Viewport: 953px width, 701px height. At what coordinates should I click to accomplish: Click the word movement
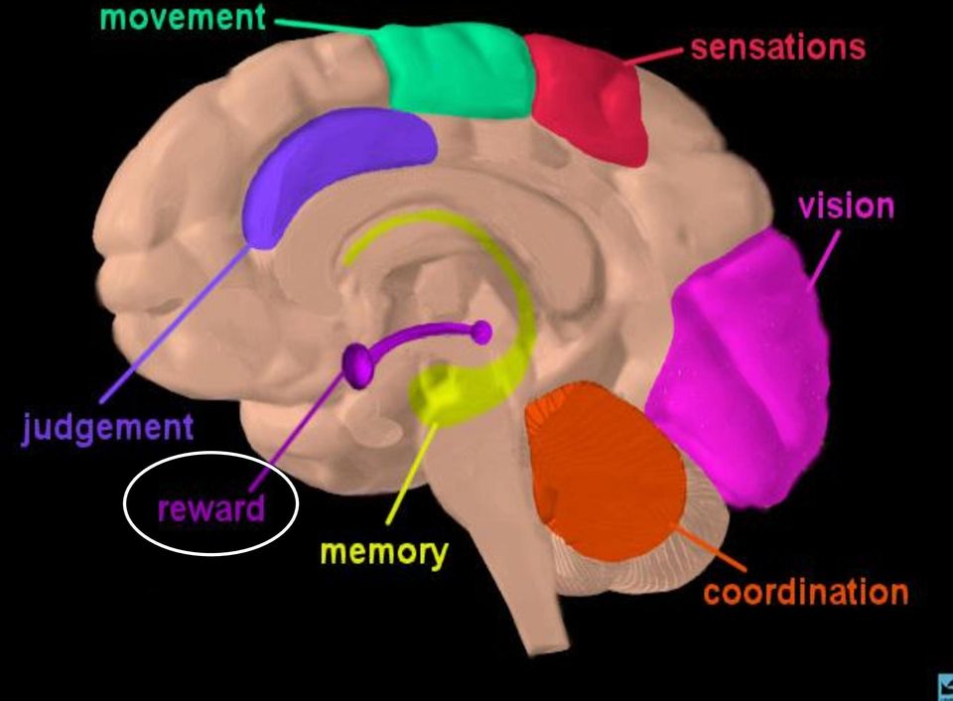point(183,17)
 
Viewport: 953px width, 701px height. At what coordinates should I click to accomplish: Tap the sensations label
point(778,48)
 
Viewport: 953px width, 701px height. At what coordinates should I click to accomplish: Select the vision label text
point(846,207)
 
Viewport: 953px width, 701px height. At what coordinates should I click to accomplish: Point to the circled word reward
point(211,508)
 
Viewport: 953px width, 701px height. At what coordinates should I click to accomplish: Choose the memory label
point(384,553)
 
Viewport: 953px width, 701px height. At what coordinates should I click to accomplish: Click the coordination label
point(806,592)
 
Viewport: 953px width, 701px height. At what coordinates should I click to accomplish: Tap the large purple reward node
point(358,364)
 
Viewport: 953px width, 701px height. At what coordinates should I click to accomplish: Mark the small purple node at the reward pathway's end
point(481,333)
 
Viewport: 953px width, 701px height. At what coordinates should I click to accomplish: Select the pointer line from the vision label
point(824,258)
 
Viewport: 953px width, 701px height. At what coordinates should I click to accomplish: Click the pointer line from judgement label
point(175,324)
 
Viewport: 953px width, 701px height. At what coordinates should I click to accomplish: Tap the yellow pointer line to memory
point(412,473)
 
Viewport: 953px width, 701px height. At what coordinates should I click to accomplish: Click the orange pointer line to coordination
point(710,547)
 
